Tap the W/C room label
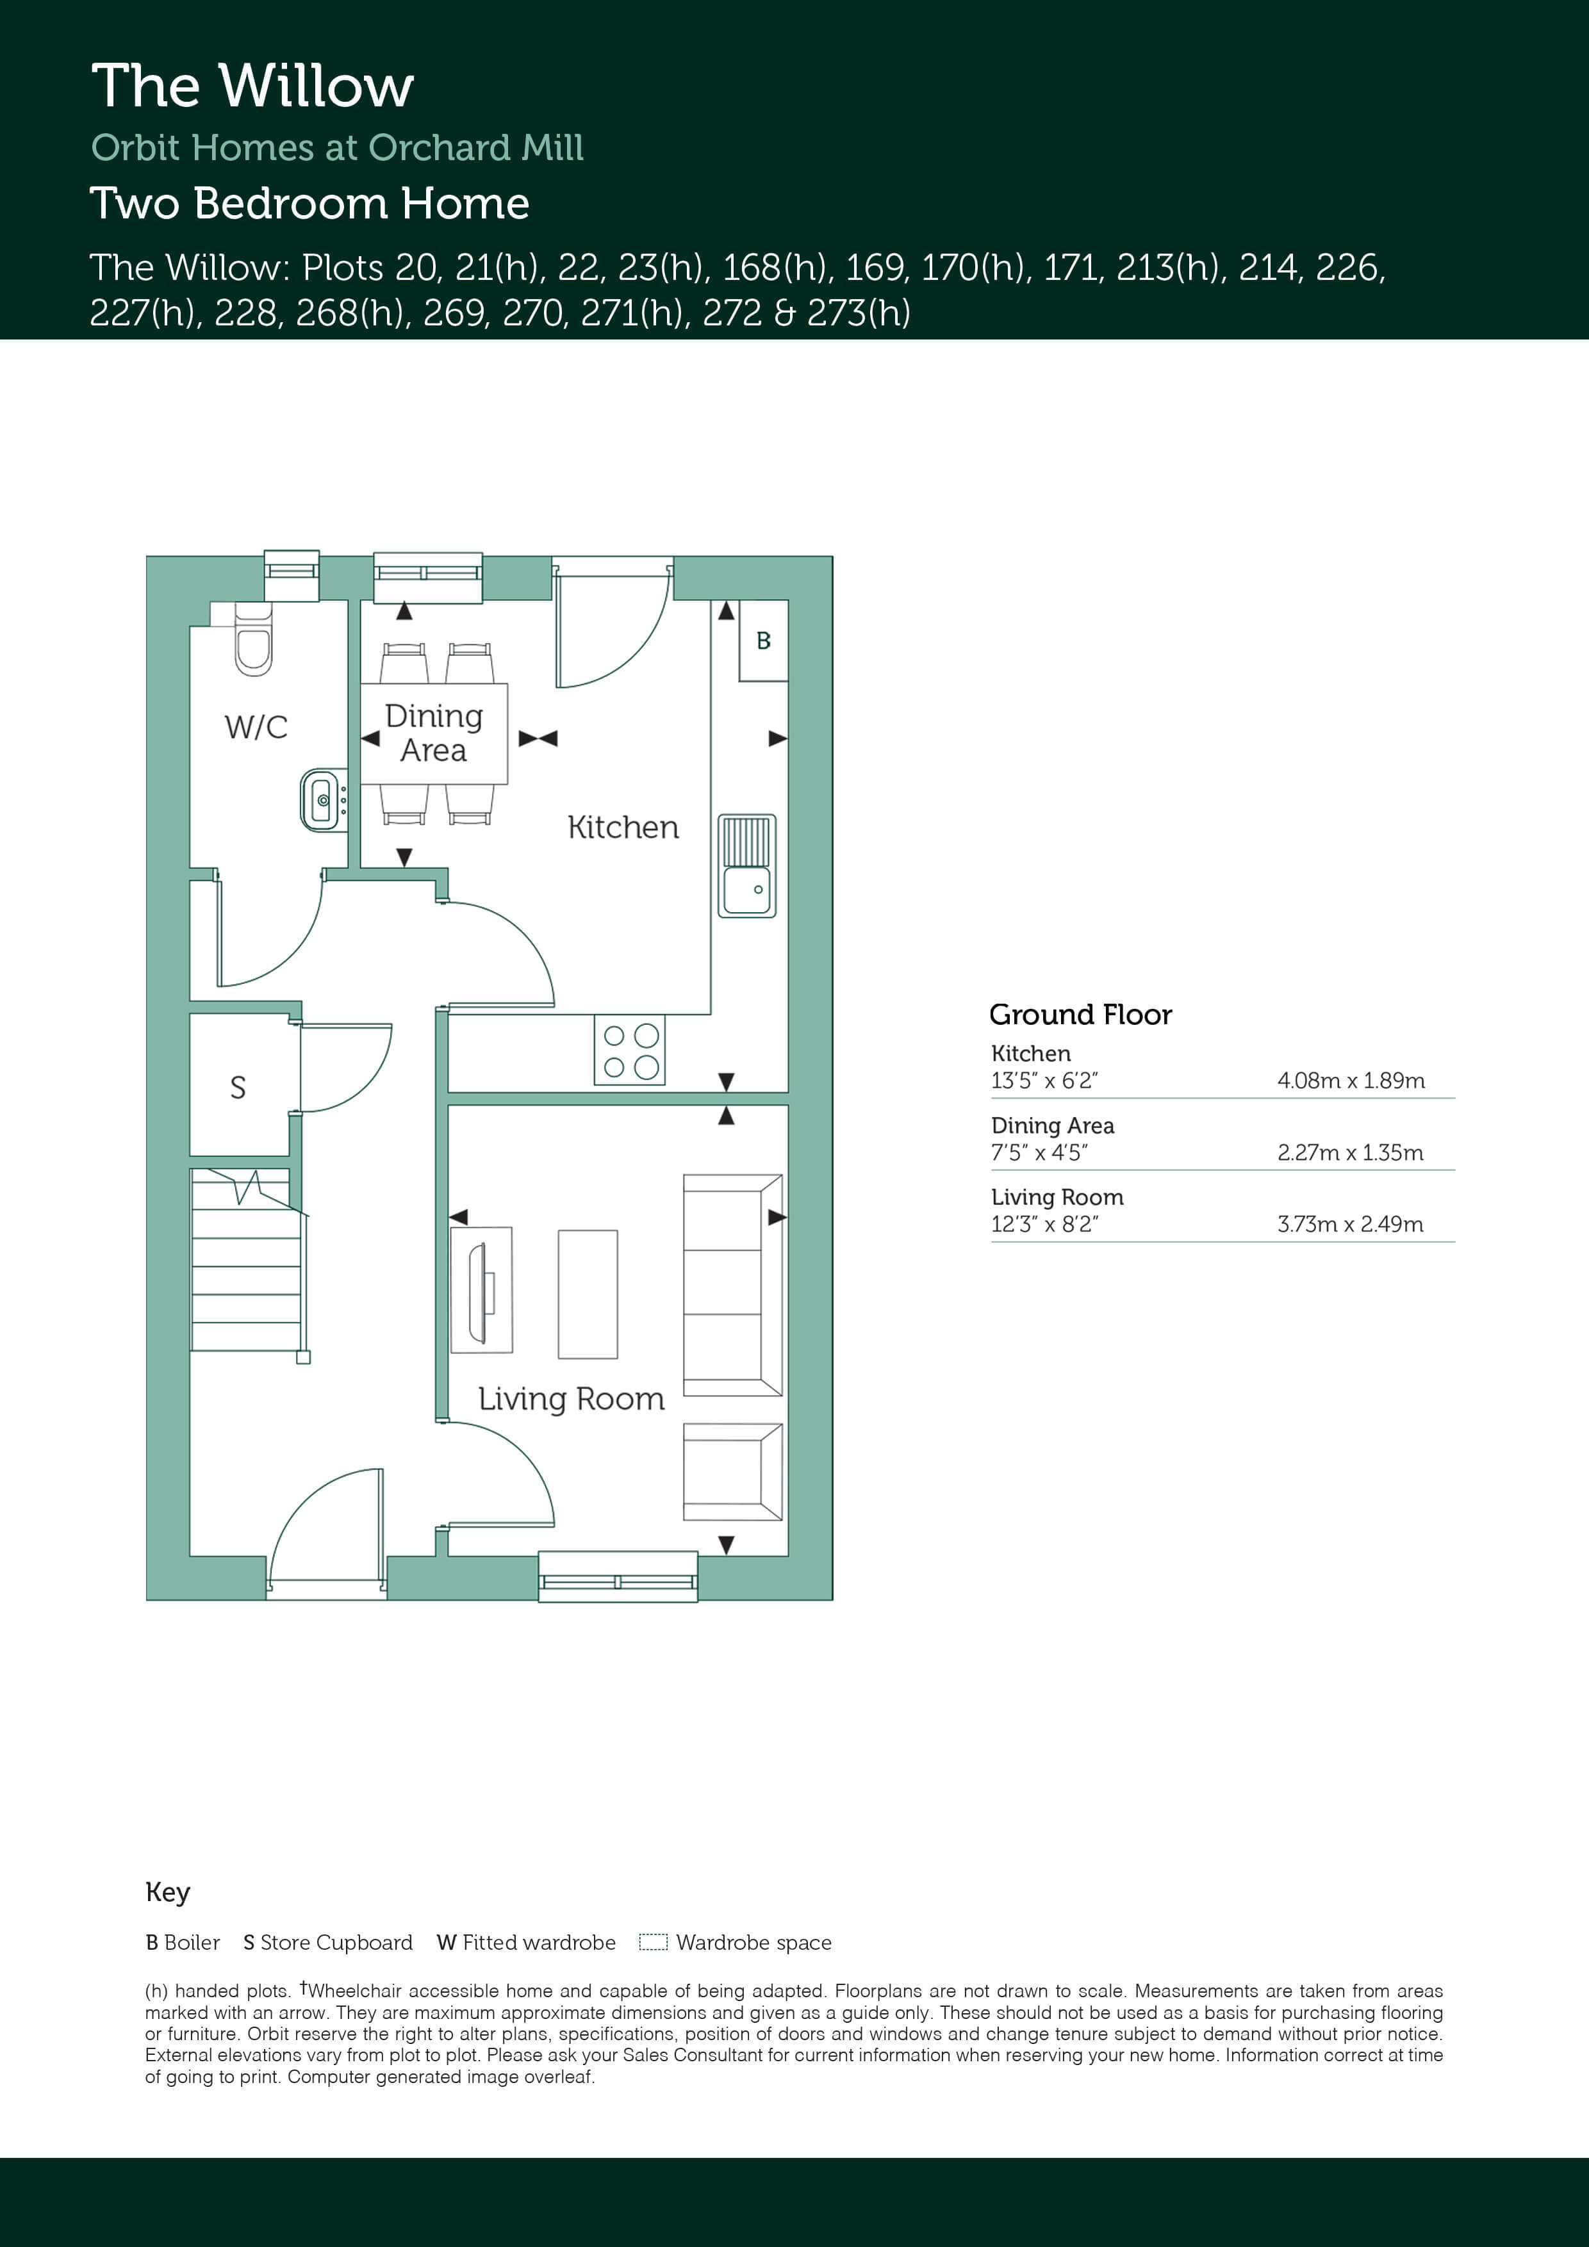pos(256,727)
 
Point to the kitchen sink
pos(747,866)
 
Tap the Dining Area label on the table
pos(434,733)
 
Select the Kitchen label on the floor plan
pos(623,828)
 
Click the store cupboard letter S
pos(238,1087)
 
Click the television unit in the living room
pos(482,1290)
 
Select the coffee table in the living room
pos(588,1294)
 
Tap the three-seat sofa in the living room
pos(732,1285)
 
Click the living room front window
pos(618,1576)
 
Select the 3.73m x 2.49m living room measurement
pos(1350,1224)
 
